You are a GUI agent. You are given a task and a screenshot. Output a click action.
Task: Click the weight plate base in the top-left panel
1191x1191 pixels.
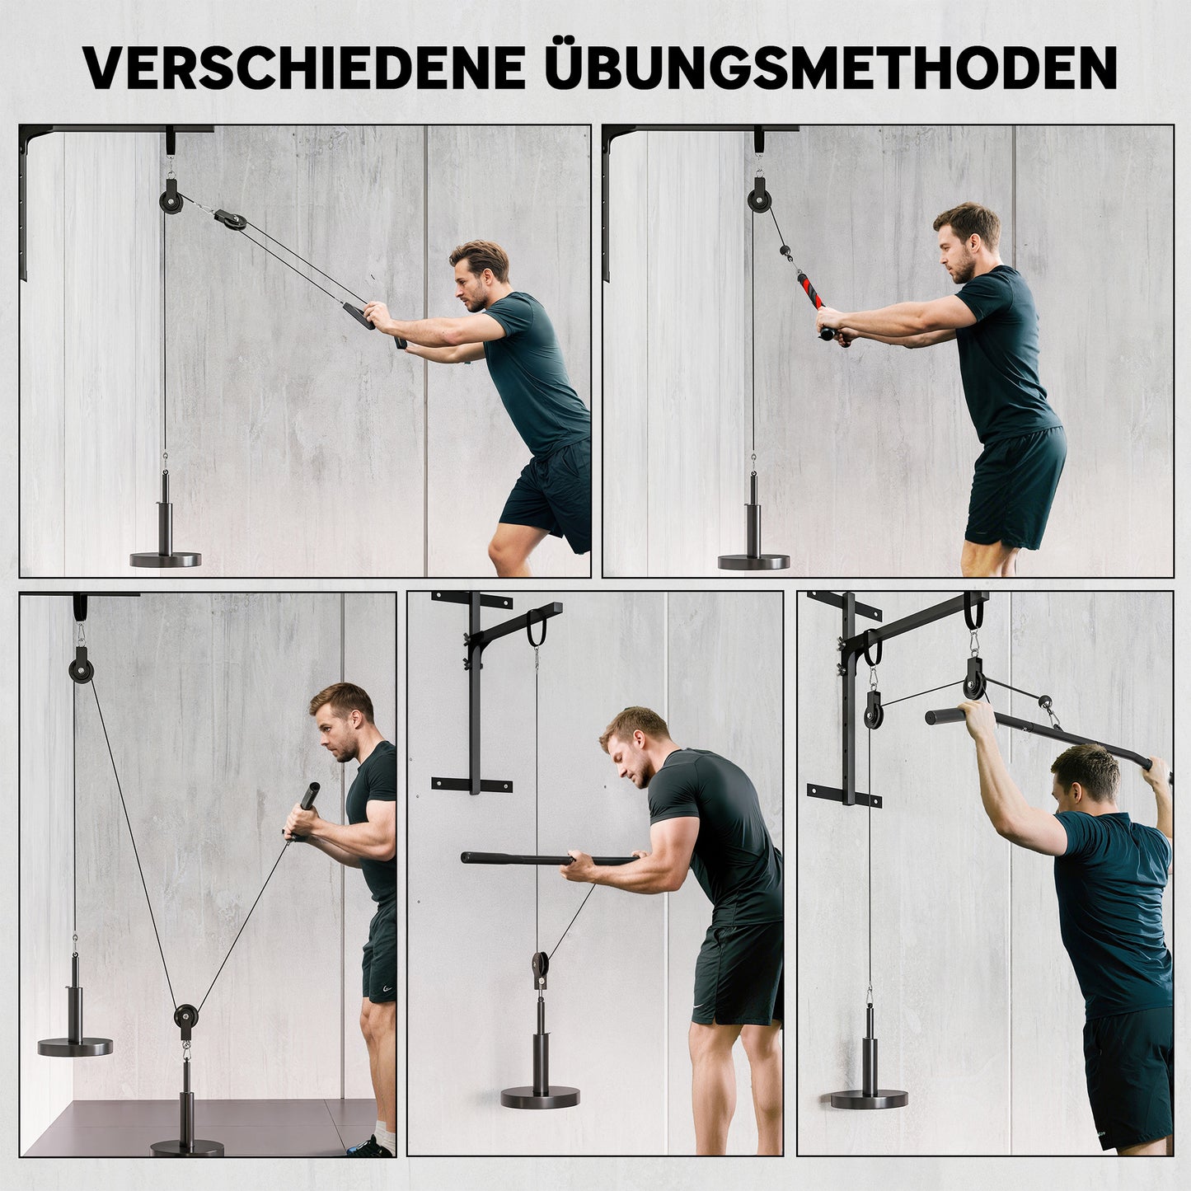point(166,560)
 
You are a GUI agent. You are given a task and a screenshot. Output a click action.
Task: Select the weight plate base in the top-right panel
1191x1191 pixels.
point(754,561)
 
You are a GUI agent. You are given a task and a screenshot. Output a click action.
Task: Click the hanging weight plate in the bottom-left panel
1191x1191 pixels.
point(75,1047)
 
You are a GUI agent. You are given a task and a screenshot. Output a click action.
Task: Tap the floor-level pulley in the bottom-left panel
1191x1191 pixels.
point(186,1016)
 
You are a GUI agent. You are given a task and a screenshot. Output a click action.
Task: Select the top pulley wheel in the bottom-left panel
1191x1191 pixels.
point(81,662)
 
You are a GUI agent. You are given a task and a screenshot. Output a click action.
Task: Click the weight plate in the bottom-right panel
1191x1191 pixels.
point(869,1099)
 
